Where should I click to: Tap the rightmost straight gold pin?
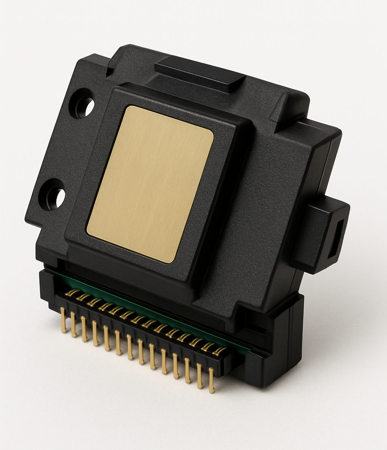211,380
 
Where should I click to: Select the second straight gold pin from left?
74,324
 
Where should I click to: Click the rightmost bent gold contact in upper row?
219,351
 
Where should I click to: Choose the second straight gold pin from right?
199,376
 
